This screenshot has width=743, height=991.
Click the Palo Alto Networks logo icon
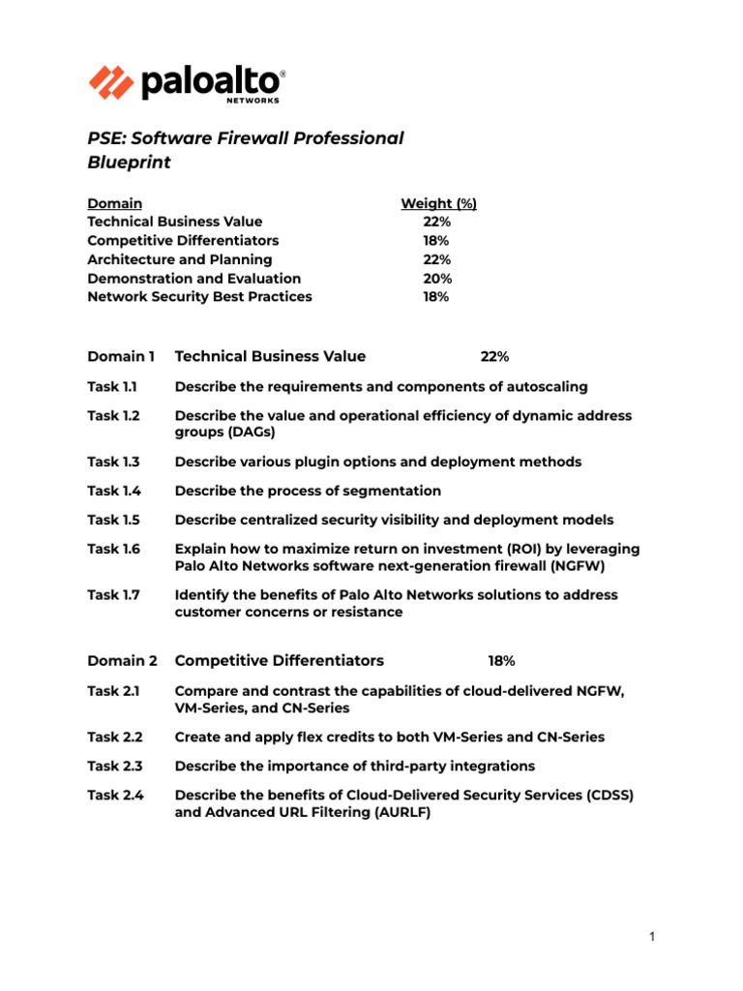coord(112,82)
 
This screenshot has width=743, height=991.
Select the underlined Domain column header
coord(114,203)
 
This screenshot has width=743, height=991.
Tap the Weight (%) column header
coord(438,203)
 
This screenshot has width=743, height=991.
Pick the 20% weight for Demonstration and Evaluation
coord(436,278)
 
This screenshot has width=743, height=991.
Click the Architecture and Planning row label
coord(179,259)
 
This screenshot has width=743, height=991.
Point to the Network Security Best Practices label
coord(199,296)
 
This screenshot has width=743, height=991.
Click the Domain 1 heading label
coord(121,356)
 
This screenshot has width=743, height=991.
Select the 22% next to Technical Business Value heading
coord(494,357)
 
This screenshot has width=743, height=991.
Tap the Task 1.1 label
coord(112,387)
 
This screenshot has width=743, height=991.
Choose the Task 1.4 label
coord(113,491)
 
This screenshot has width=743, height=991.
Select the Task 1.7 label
coord(113,595)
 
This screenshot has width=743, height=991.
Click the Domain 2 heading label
coord(122,661)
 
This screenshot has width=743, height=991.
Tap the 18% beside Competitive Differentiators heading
coord(501,661)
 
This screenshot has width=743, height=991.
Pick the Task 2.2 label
coord(114,737)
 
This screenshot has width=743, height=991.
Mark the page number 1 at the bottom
coord(653,937)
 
